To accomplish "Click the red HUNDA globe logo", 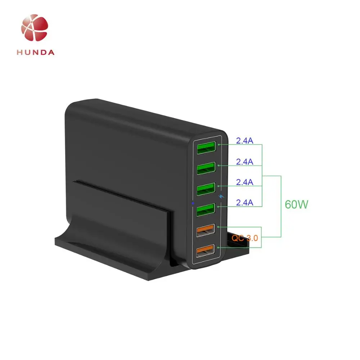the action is [x=35, y=28].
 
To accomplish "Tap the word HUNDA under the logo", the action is [x=35, y=52].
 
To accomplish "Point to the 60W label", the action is [x=296, y=204].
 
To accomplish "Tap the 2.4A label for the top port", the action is [x=244, y=141].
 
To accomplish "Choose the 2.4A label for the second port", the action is [x=244, y=162].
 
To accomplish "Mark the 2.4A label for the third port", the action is [x=244, y=182].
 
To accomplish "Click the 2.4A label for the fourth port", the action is [x=244, y=203].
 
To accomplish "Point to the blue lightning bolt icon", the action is [x=221, y=197].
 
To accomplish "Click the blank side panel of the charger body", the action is [x=126, y=144].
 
